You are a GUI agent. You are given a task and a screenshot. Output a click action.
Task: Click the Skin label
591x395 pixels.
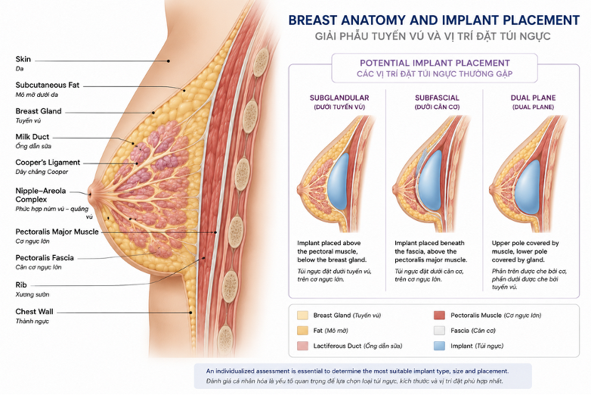tap(23, 59)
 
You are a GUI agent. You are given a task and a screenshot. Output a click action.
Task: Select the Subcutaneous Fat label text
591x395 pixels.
tap(48, 86)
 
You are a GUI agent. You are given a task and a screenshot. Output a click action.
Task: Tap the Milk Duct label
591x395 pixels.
tap(32, 137)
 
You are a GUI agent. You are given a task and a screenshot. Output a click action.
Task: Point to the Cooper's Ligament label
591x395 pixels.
tap(48, 163)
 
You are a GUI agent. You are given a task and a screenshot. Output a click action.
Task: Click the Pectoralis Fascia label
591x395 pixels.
tap(45, 258)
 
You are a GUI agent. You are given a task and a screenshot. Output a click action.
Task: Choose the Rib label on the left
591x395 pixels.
tap(21, 285)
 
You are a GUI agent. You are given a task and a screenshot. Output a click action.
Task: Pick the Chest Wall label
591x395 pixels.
tap(34, 312)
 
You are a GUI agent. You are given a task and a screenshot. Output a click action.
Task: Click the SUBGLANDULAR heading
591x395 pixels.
tap(339, 98)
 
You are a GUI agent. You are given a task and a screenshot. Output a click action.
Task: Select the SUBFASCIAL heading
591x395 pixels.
tap(437, 98)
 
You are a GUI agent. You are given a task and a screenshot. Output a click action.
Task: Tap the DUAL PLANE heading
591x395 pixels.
tap(533, 98)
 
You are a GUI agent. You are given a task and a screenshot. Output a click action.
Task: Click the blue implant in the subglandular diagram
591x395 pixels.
tap(339, 181)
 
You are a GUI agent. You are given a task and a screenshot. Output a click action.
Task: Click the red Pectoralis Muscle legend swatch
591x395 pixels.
tap(440, 316)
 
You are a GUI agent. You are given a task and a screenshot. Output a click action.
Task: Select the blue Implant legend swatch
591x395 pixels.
tap(440, 346)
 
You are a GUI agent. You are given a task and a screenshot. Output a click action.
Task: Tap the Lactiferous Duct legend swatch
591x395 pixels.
tap(302, 346)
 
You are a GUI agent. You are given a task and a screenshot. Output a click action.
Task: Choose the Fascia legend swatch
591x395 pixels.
tap(440, 331)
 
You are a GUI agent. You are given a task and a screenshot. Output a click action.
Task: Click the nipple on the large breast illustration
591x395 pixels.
tap(91, 194)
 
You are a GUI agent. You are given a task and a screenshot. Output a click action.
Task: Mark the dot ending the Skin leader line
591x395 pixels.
tap(169, 61)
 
